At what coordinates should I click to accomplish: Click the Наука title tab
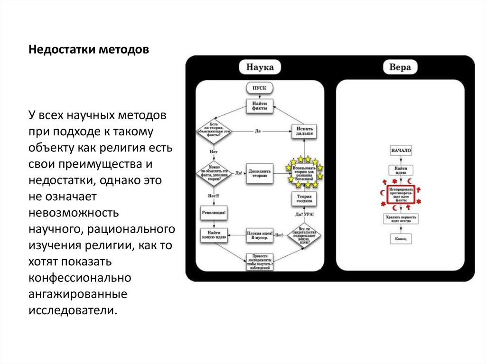[259, 66]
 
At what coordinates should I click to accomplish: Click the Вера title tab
[400, 67]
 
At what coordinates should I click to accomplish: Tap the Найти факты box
[259, 105]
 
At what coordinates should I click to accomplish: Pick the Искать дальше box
[304, 131]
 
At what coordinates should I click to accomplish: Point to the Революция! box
[214, 214]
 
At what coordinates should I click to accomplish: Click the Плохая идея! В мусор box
[260, 235]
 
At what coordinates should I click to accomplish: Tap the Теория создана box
[304, 198]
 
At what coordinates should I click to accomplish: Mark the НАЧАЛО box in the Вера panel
[401, 151]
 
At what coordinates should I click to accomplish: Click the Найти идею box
[401, 169]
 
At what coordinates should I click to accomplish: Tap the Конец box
[401, 238]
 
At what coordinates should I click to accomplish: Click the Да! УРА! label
[304, 215]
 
